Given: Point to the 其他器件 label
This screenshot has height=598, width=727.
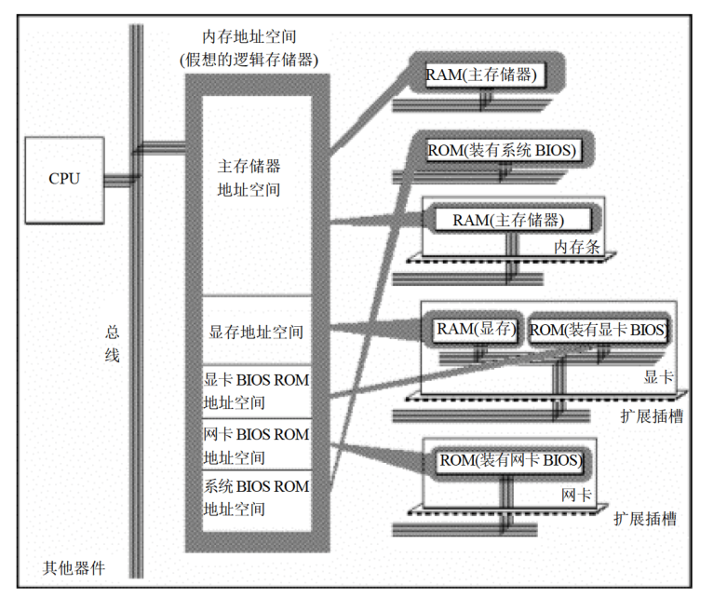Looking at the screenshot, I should [x=74, y=567].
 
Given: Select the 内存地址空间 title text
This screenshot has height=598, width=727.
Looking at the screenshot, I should [x=249, y=37].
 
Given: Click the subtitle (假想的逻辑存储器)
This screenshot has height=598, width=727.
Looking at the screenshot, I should [x=249, y=60].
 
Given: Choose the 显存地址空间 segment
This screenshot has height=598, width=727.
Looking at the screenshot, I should [x=256, y=332].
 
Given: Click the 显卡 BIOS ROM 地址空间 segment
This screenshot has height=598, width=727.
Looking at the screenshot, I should [x=256, y=391].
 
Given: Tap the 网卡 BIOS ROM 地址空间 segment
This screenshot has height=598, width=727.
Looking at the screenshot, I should [x=256, y=445].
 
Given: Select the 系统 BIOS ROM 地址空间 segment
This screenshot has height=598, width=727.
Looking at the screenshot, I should [x=256, y=497].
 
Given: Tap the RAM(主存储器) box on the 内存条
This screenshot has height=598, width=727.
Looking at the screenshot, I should [x=508, y=220].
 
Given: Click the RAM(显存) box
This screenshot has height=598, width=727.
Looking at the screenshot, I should [x=477, y=329].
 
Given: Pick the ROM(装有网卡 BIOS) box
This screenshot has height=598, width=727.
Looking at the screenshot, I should [x=511, y=460].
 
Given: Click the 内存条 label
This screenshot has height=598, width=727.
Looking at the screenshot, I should [x=574, y=248].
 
